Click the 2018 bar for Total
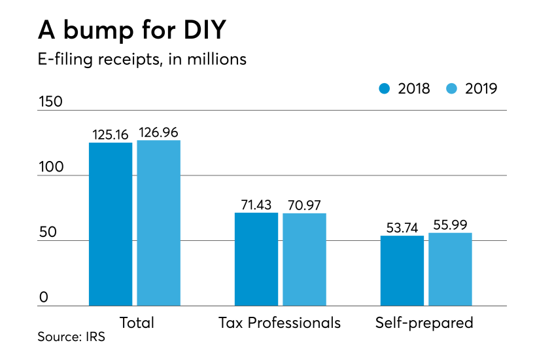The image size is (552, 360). click(x=111, y=224)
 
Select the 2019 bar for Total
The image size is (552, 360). click(x=158, y=223)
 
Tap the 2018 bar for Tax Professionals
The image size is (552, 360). click(x=256, y=259)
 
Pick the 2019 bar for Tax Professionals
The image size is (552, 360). click(x=304, y=259)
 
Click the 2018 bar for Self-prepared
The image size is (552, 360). click(x=402, y=270)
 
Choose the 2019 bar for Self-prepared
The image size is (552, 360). click(x=450, y=269)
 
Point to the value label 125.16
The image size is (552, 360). click(x=111, y=134)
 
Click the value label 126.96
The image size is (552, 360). click(x=158, y=132)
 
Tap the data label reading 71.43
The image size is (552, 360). click(x=256, y=204)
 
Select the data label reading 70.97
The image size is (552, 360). click(x=304, y=205)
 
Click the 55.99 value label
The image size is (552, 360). click(x=450, y=225)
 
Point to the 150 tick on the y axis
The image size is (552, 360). click(x=51, y=102)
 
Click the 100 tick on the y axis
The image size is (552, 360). click(x=51, y=167)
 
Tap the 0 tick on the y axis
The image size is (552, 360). click(x=43, y=298)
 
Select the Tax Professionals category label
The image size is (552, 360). click(x=280, y=323)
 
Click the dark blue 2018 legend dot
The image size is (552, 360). click(x=385, y=88)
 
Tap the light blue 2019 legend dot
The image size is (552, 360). click(x=453, y=88)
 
